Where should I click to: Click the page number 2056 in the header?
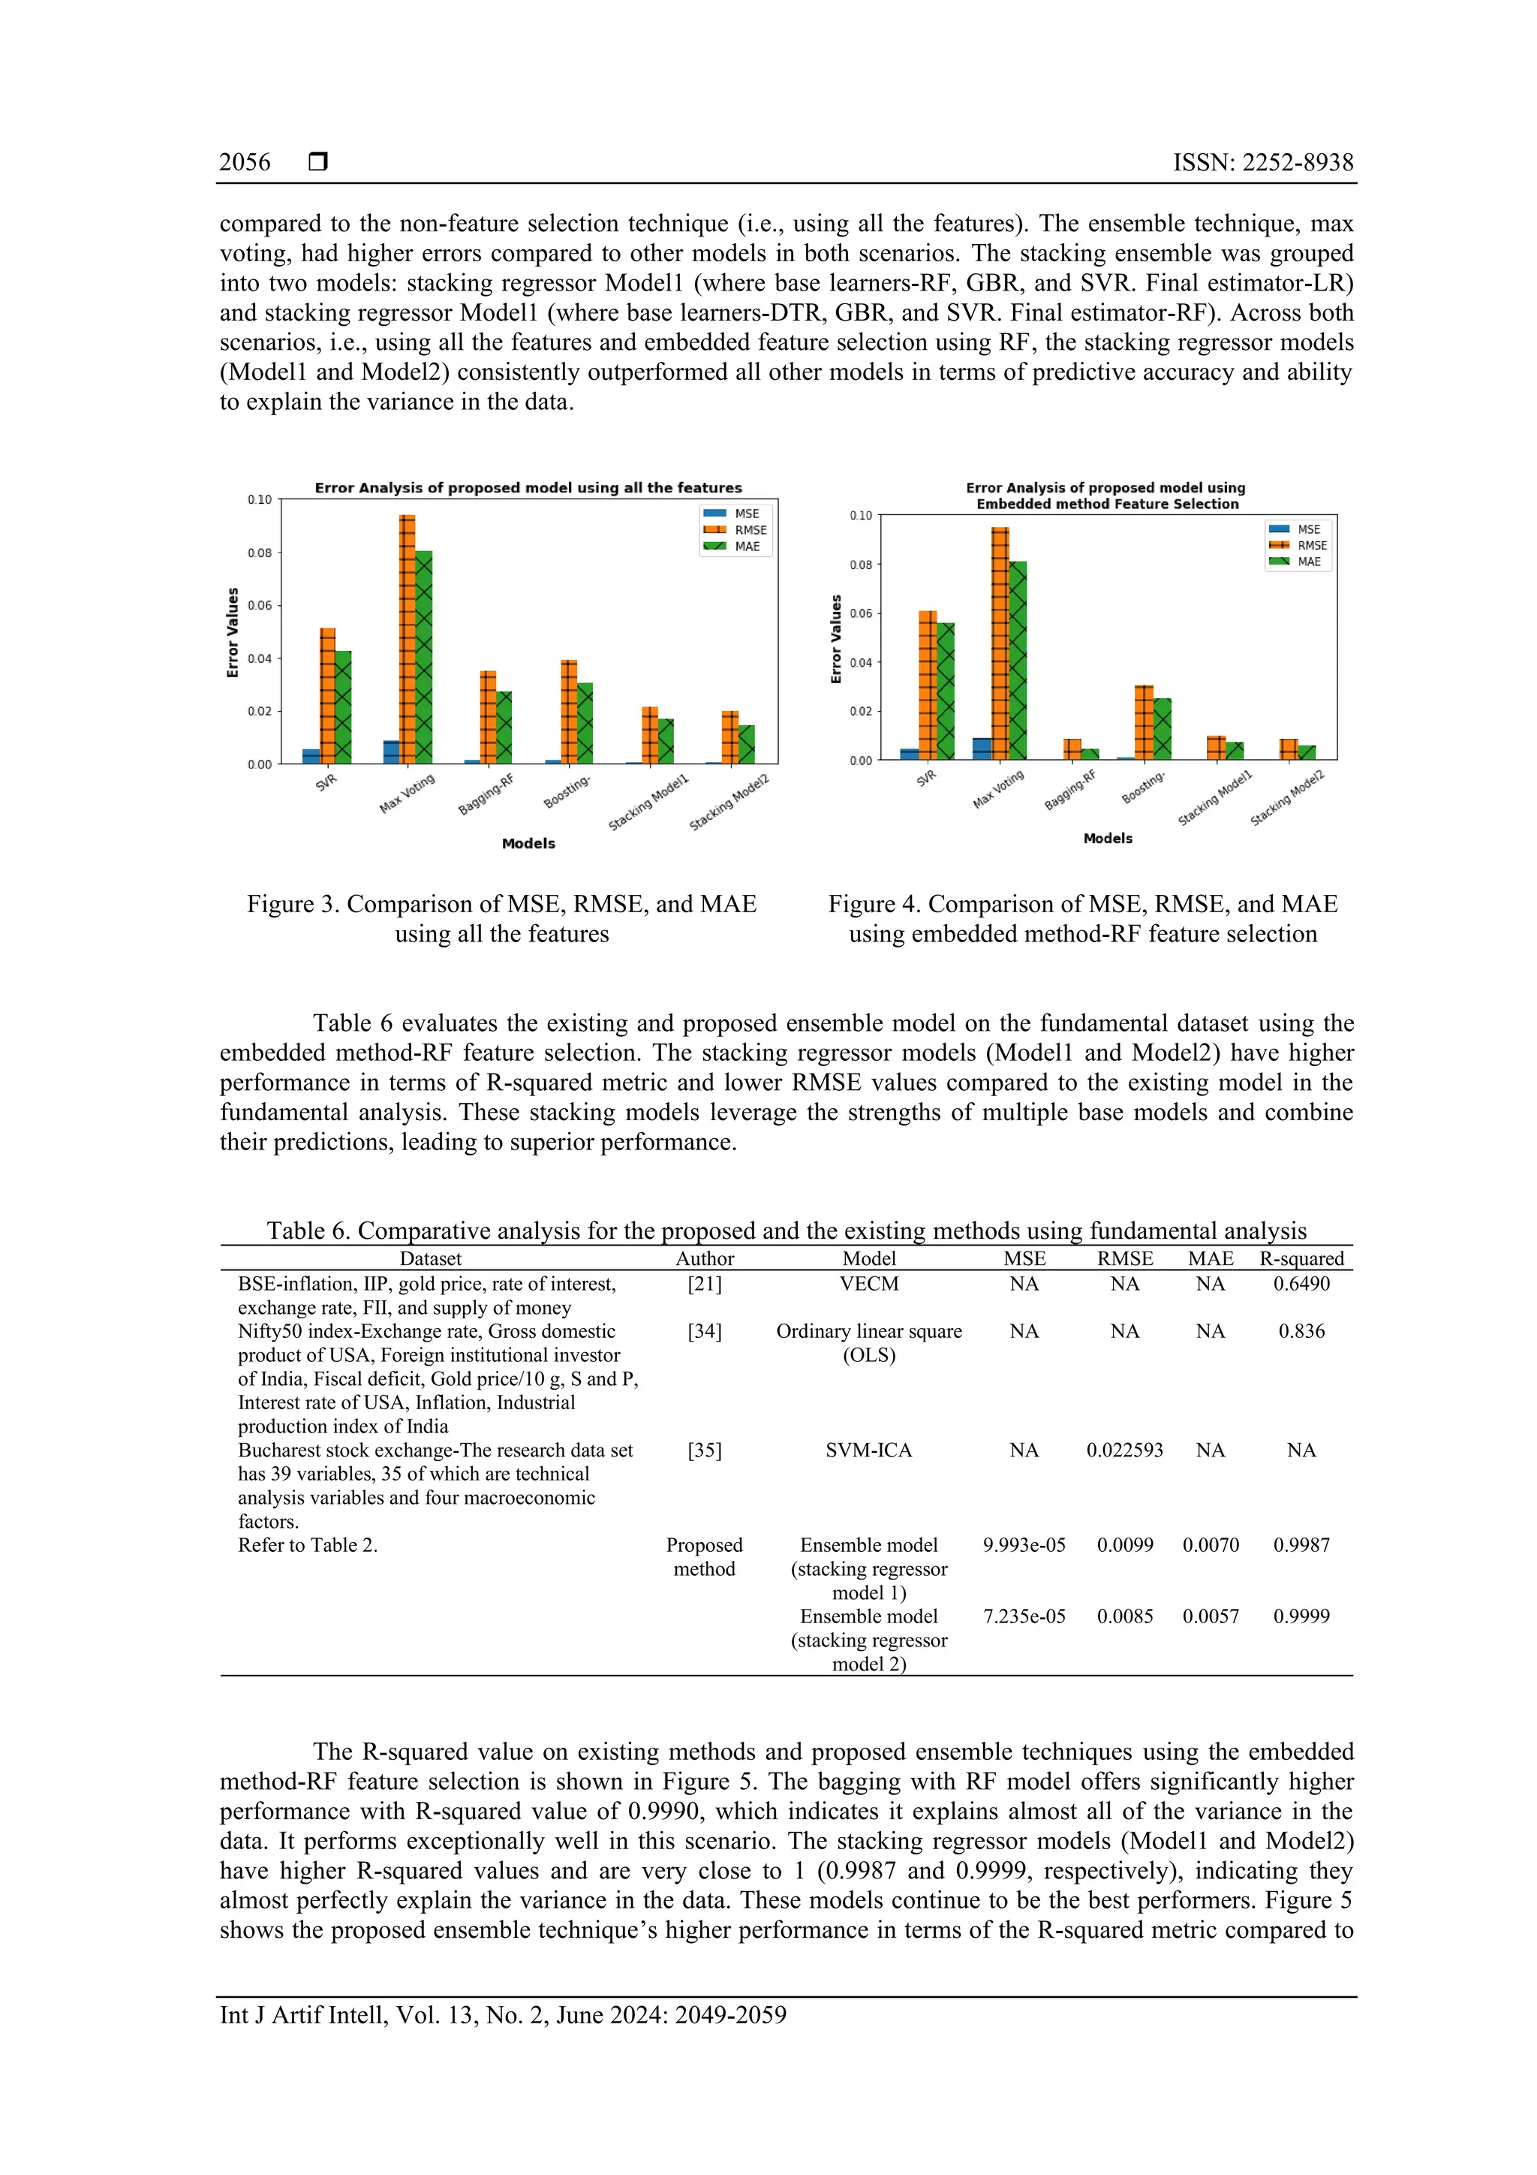pos(245,162)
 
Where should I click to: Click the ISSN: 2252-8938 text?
pos(1262,162)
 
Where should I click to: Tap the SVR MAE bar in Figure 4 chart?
pos(945,691)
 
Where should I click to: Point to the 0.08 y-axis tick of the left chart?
pos(260,553)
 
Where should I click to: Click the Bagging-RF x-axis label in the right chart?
pos(1070,789)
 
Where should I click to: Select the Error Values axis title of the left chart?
pos(232,632)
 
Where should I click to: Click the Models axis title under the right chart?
pos(1107,839)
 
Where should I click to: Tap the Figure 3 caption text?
pos(502,918)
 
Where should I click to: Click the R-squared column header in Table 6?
pos(1301,1258)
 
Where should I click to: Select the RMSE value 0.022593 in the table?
pos(1124,1451)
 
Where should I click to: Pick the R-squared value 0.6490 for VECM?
pos(1301,1284)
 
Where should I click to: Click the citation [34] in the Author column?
pos(705,1331)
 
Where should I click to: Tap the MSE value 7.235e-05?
pos(1024,1616)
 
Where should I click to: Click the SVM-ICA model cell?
pos(868,1451)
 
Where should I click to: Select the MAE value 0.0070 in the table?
pos(1211,1545)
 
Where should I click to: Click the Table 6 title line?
pos(786,1231)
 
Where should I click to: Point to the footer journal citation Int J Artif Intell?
pos(502,2015)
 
